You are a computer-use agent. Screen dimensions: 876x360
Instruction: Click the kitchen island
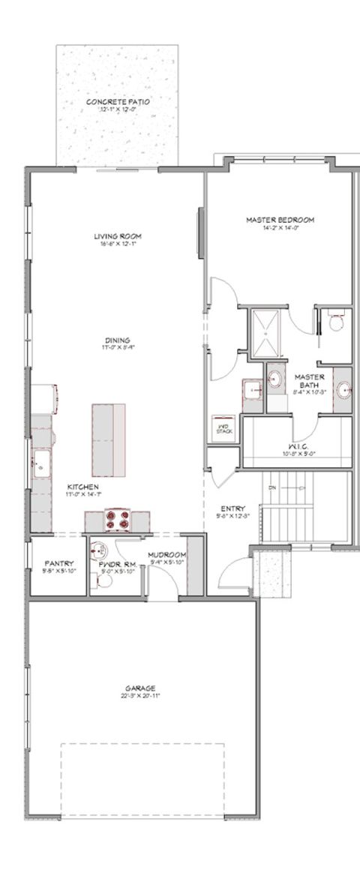click(108, 439)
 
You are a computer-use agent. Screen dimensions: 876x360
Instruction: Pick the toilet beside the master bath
click(336, 323)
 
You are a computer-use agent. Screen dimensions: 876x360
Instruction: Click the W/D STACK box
click(223, 424)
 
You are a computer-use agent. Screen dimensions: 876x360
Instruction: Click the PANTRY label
click(58, 562)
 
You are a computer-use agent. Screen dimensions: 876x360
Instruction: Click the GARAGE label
click(140, 687)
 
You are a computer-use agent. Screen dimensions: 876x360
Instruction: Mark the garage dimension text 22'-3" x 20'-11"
click(140, 695)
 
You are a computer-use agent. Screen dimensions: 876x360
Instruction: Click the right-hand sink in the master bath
click(342, 389)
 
